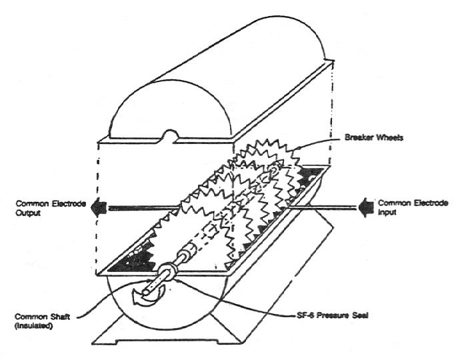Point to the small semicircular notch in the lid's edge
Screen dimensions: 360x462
point(169,138)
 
